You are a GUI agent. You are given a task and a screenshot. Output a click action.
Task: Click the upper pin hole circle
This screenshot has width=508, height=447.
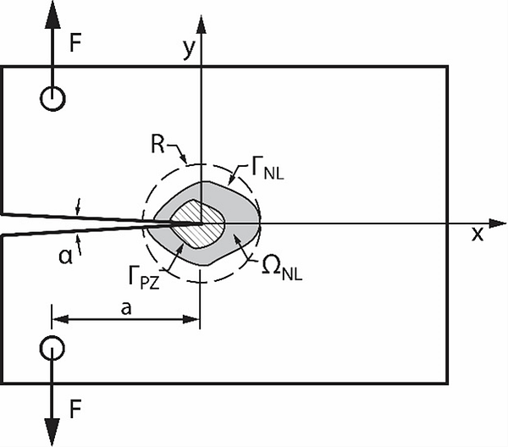click(x=52, y=99)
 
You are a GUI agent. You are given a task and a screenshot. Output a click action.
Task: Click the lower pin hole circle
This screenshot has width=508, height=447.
click(x=52, y=347)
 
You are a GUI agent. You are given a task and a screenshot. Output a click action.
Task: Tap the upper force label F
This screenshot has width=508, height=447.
click(x=76, y=43)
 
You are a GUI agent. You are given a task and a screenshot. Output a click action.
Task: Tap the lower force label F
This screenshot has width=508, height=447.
click(x=76, y=411)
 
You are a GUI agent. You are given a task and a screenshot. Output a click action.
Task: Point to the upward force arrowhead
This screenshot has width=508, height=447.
click(x=52, y=12)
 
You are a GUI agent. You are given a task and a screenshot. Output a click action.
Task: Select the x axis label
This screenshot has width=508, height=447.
click(x=478, y=235)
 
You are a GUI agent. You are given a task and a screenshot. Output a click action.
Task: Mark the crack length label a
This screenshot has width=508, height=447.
click(x=125, y=309)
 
